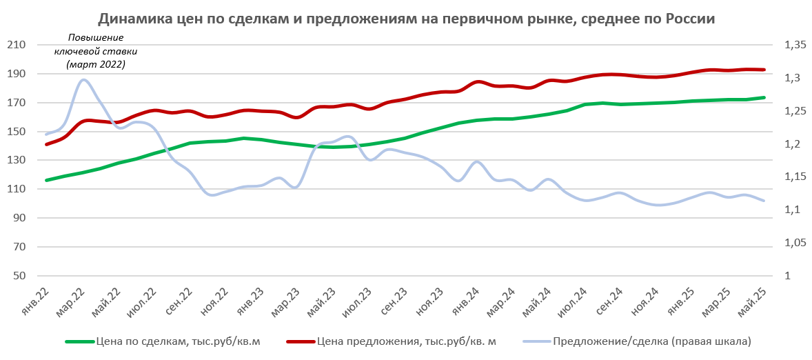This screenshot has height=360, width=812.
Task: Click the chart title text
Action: (406, 19)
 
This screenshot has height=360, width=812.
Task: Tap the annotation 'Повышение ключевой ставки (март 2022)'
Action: (96, 51)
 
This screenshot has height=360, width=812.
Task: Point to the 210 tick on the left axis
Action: (16, 45)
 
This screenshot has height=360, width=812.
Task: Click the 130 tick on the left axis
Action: (16, 160)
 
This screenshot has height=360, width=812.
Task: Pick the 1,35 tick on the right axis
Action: (795, 45)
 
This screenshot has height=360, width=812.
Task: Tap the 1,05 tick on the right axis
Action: (795, 243)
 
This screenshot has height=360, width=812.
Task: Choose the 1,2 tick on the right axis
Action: (792, 144)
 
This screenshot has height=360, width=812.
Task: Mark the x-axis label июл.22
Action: (143, 302)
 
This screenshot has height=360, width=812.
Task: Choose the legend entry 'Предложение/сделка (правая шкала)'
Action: (651, 341)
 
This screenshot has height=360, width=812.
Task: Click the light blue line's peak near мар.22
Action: (83, 79)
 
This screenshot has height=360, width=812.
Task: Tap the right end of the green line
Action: (764, 97)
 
